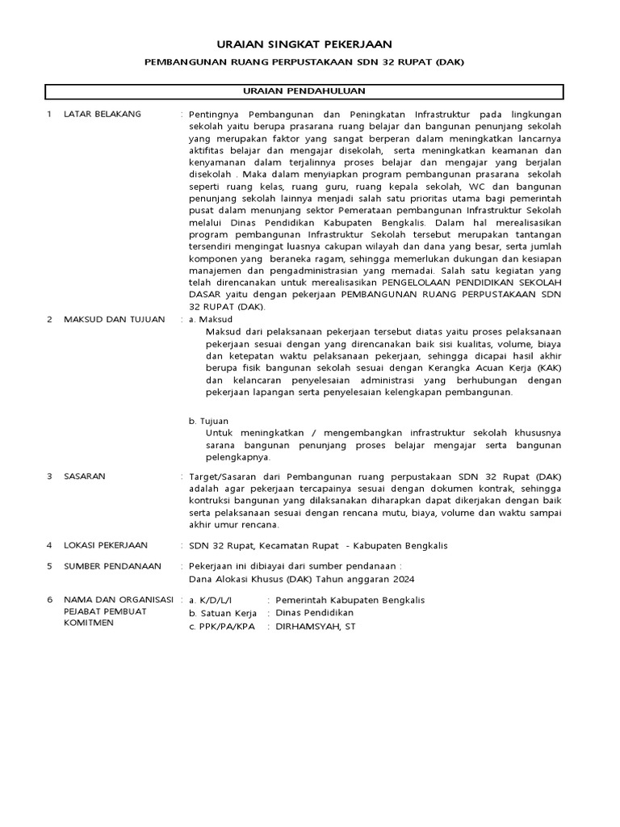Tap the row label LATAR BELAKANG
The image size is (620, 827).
[103, 115]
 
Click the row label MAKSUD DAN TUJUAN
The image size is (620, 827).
[114, 319]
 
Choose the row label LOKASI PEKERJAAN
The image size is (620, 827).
[110, 545]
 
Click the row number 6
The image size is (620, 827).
[49, 600]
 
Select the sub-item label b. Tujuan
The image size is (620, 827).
[209, 421]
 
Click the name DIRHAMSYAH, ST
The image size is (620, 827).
[315, 626]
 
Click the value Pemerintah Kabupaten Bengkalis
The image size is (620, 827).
[350, 600]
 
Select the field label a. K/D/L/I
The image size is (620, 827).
[210, 600]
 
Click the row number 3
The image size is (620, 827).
[49, 476]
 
